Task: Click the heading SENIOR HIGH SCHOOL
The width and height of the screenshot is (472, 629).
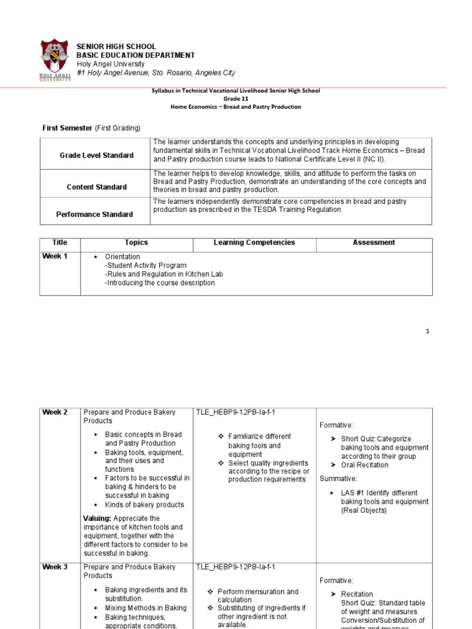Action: click(116, 47)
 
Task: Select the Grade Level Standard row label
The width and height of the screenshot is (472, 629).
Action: click(96, 155)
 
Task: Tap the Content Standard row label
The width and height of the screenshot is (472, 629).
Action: click(96, 187)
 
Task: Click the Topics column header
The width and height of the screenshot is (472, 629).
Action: click(136, 243)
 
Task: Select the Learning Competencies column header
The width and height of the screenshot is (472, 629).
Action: click(254, 243)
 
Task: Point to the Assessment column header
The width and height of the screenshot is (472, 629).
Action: click(374, 243)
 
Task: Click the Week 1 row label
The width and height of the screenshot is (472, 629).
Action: click(55, 256)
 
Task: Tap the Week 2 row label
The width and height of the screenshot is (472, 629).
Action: click(55, 412)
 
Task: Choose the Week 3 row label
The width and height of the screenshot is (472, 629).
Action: click(55, 567)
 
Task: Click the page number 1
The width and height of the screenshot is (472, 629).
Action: click(428, 331)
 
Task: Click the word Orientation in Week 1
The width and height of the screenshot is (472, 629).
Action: click(122, 257)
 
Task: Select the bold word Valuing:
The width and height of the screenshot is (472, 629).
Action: click(97, 518)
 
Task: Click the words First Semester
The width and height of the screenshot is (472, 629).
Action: click(67, 128)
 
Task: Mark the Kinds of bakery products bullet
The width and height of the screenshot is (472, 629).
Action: click(144, 505)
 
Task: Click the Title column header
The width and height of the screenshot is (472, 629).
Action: click(60, 243)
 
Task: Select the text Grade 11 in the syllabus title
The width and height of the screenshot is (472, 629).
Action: click(236, 98)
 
